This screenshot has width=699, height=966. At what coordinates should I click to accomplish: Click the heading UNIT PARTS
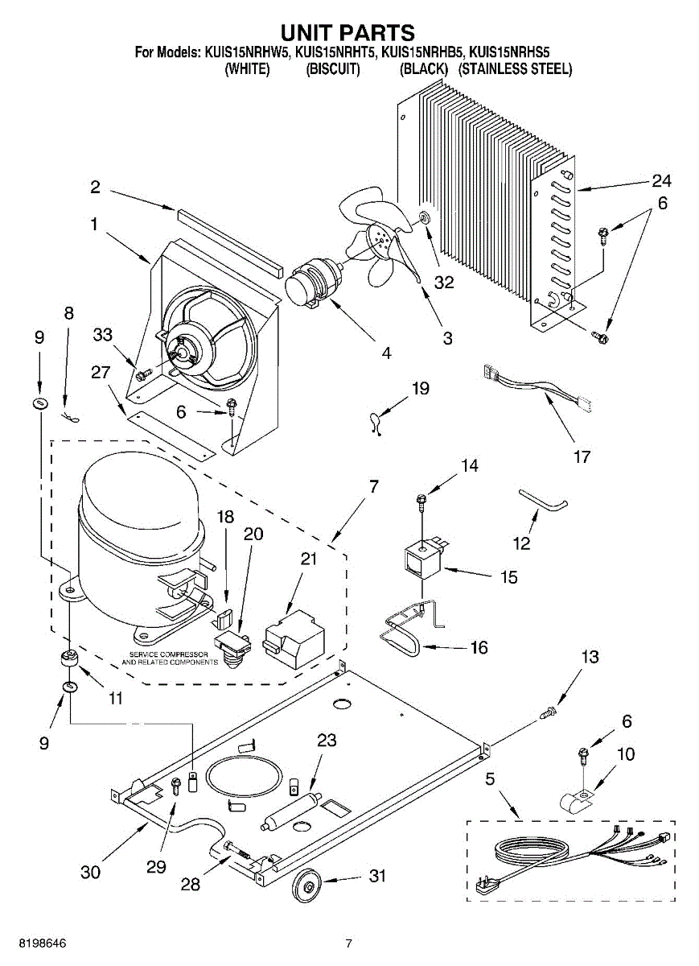click(x=347, y=33)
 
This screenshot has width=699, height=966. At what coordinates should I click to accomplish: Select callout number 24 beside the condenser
click(x=661, y=180)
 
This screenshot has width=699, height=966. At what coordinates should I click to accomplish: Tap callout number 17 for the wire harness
click(x=582, y=456)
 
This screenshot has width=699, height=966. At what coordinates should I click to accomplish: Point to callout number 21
click(x=309, y=559)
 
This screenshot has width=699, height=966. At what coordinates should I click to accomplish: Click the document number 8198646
click(x=43, y=943)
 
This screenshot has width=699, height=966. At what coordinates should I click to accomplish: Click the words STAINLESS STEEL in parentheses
click(x=516, y=68)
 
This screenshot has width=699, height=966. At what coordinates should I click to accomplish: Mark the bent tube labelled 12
click(x=544, y=499)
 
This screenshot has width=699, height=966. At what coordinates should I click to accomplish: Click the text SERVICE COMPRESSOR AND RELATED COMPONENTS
click(x=170, y=658)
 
